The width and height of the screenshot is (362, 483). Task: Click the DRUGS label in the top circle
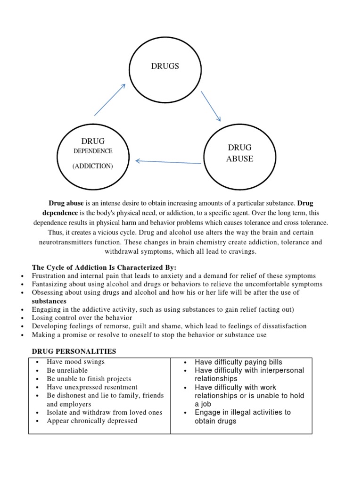165,66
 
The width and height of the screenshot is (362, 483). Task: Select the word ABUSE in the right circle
239,159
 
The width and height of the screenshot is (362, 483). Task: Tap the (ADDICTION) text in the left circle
93,167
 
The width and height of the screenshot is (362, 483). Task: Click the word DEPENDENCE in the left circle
93,151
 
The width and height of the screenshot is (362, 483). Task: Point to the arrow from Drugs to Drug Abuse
211,106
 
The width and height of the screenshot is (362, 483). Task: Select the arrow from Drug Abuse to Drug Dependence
168,162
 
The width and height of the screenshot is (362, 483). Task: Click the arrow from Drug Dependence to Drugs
110,100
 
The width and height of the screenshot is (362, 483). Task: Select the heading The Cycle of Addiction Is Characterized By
104,267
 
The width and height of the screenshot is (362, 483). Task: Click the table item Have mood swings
75,362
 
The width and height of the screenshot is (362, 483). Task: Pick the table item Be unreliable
67,370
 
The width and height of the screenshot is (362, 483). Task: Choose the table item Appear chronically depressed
92,420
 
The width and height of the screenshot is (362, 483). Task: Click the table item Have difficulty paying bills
239,362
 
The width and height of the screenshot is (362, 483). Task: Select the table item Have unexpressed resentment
92,387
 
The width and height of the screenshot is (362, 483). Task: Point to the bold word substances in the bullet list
49,301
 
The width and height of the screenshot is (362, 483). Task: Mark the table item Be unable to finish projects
89,379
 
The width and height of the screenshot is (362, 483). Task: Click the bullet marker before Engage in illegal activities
186,413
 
